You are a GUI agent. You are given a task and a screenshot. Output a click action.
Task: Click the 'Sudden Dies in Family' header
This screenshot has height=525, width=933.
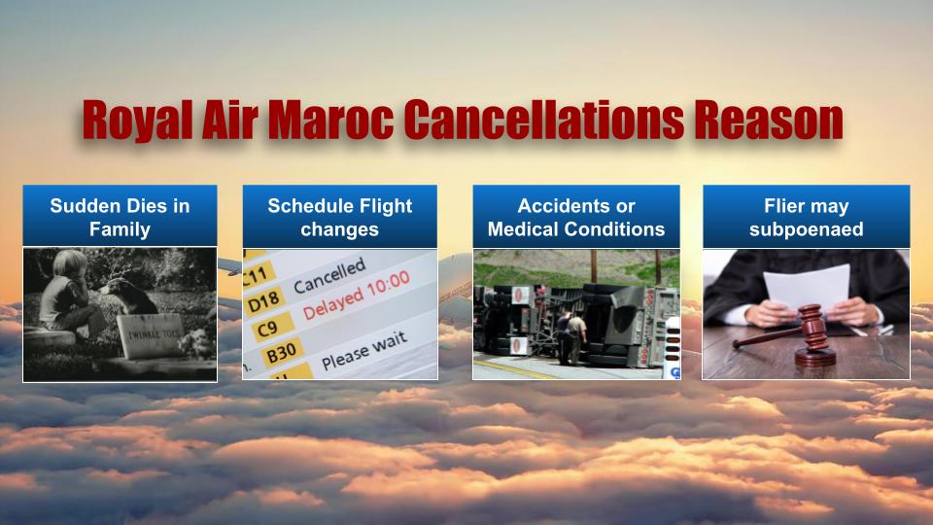click(120, 217)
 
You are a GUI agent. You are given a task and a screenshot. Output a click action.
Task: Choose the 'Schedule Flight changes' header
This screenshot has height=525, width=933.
click(339, 217)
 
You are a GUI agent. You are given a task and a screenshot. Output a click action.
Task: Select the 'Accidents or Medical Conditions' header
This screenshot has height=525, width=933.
click(576, 217)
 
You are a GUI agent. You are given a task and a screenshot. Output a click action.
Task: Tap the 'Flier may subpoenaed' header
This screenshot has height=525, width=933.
click(806, 217)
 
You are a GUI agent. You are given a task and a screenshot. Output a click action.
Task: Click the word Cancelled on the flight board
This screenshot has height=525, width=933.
click(329, 276)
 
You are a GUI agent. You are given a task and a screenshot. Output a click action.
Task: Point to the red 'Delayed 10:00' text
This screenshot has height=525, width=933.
click(356, 295)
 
